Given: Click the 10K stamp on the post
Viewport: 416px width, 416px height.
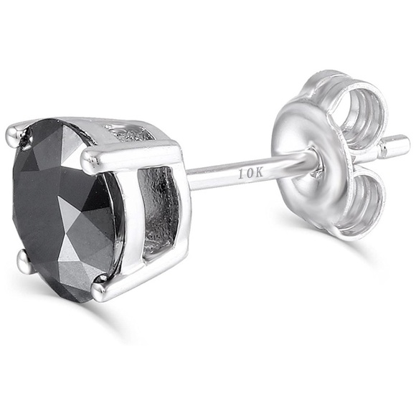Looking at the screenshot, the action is pyautogui.click(x=250, y=174).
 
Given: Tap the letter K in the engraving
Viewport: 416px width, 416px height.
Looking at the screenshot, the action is pyautogui.click(x=258, y=174).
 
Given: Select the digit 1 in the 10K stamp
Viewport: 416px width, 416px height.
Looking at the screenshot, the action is pyautogui.click(x=241, y=175).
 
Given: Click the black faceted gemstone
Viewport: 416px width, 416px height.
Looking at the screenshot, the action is pyautogui.click(x=66, y=209).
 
